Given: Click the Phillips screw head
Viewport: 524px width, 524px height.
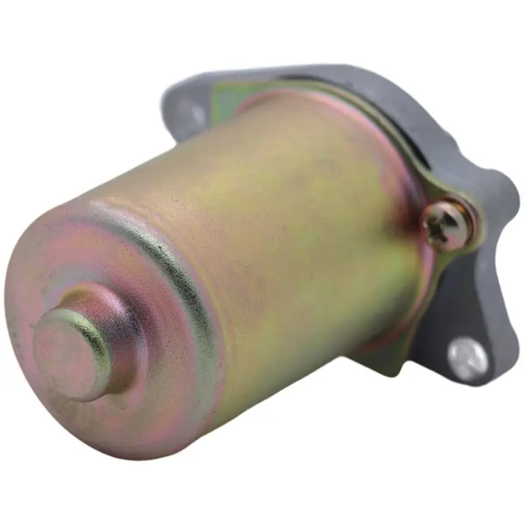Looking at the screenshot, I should click(x=448, y=224).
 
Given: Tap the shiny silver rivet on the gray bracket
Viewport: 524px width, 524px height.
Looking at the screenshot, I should click(x=468, y=358).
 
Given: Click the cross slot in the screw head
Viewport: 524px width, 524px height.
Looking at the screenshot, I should click(x=447, y=225).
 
